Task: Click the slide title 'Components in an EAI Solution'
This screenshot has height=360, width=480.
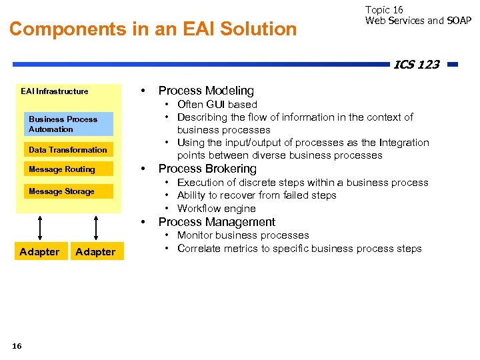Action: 153,29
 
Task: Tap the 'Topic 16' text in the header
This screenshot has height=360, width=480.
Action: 384,9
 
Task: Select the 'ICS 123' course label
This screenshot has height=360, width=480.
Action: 416,65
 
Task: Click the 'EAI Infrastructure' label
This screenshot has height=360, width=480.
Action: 54,91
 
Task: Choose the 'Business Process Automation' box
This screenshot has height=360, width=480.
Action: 70,124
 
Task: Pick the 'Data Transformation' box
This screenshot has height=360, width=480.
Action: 67,150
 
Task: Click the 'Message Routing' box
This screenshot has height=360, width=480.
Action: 67,169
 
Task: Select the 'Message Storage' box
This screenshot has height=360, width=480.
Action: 67,191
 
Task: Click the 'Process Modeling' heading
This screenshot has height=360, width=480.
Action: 206,91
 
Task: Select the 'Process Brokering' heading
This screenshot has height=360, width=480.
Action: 207,169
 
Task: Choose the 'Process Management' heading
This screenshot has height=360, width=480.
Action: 217,222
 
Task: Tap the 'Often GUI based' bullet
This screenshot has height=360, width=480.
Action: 217,104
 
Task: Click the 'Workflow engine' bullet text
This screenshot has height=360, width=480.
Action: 216,209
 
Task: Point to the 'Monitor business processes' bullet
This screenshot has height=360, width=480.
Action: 243,235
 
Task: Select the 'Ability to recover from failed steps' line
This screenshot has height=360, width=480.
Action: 257,195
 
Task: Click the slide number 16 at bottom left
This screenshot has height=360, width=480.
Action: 17,345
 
